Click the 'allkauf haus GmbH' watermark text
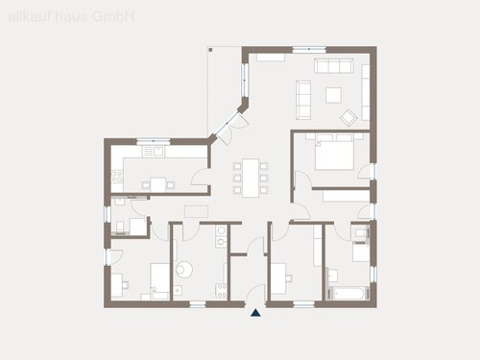pyautogui.click(x=71, y=16)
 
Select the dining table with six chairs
pyautogui.click(x=250, y=178)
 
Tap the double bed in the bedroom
pyautogui.click(x=335, y=152)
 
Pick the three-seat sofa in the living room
pyautogui.click(x=336, y=65)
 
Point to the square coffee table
pyautogui.click(x=334, y=94)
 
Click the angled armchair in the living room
pyautogui.click(x=350, y=117)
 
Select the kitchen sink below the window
pyautogui.click(x=154, y=152)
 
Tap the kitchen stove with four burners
pyautogui.click(x=116, y=178)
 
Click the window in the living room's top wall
pyautogui.click(x=309, y=49)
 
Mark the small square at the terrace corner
pyautogui.click(x=208, y=49)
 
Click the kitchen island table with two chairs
pyautogui.click(x=159, y=183)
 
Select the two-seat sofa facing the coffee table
pyautogui.click(x=303, y=95)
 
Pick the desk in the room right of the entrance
pyautogui.click(x=278, y=278)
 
